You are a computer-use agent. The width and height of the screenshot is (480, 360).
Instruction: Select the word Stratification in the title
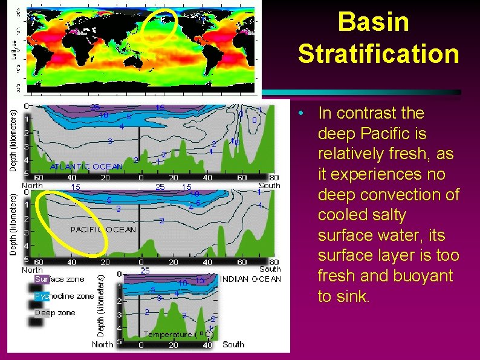(x=378, y=54)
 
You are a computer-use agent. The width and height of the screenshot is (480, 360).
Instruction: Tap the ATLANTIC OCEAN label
(x=86, y=166)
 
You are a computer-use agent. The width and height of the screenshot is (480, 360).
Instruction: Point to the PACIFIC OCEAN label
(x=103, y=230)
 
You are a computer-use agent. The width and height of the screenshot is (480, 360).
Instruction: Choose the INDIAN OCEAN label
(x=250, y=279)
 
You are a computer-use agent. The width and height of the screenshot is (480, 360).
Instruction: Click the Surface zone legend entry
(x=59, y=280)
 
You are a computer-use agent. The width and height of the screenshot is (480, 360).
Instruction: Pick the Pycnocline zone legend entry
(x=64, y=296)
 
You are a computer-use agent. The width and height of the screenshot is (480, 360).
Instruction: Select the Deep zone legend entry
(x=54, y=313)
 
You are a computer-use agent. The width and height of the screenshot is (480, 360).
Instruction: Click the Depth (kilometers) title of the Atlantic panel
(x=13, y=140)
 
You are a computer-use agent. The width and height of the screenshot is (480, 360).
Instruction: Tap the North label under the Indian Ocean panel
(x=102, y=344)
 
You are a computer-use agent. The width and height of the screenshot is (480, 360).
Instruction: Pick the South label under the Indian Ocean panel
(x=233, y=344)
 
